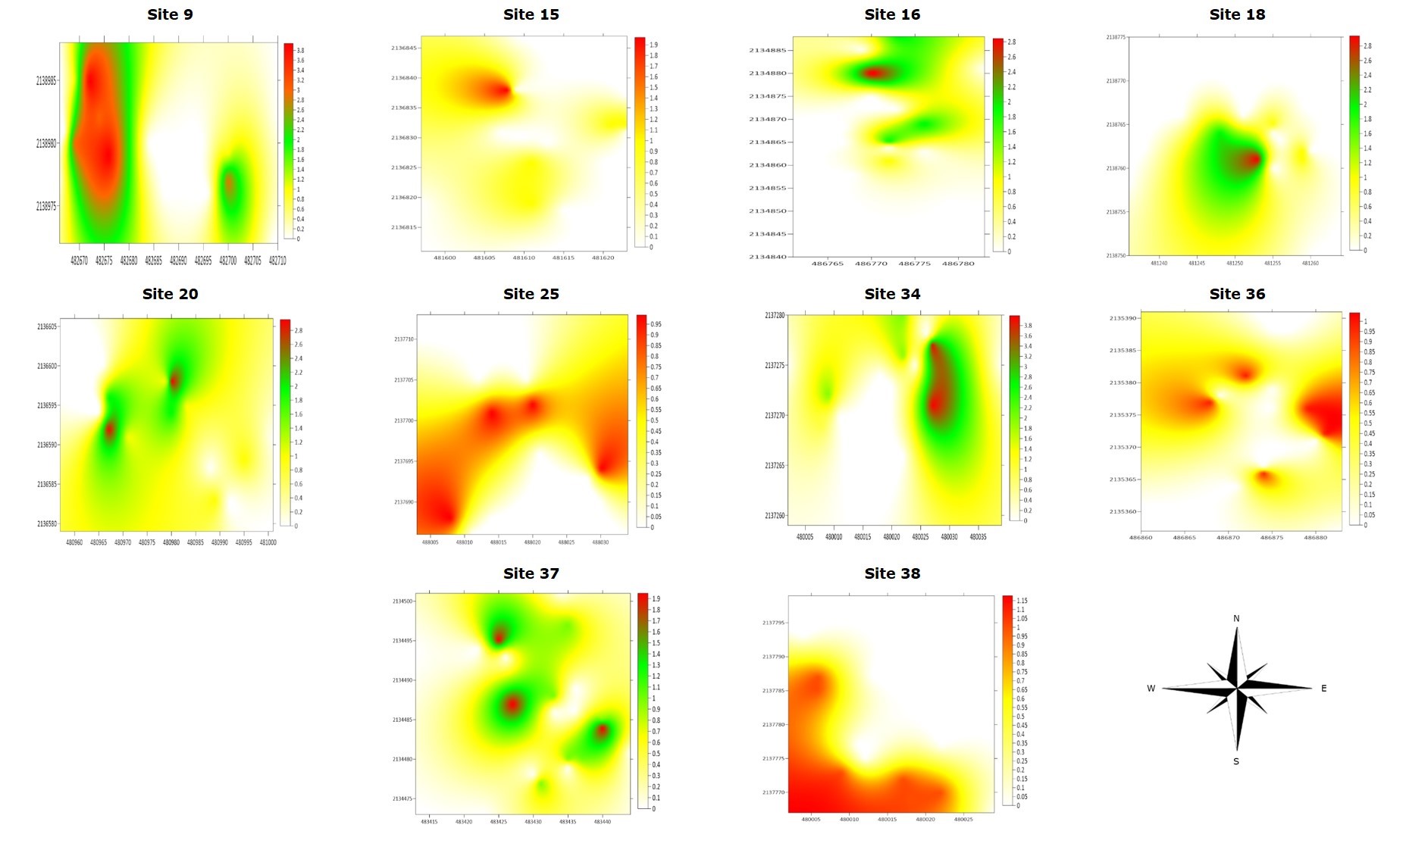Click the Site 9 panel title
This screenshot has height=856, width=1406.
tap(170, 14)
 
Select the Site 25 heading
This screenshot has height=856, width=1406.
tap(531, 294)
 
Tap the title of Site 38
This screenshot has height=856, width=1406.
tap(892, 573)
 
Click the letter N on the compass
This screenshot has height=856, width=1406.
tap(1236, 619)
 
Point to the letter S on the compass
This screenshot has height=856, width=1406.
tap(1236, 761)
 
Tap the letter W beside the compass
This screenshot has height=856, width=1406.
tap(1151, 689)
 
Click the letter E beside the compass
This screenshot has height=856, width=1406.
tap(1323, 689)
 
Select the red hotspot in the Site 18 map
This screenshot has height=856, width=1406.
tap(1251, 159)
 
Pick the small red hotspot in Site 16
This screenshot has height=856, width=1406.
tap(873, 73)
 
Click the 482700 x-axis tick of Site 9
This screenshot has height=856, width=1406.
tap(227, 261)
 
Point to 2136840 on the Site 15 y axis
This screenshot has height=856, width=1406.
tap(404, 78)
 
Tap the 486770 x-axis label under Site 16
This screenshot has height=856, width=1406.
tap(871, 264)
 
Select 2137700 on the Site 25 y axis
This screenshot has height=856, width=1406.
tap(403, 420)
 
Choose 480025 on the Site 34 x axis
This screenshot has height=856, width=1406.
tap(920, 537)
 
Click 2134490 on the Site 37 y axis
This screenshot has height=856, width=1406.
tap(402, 680)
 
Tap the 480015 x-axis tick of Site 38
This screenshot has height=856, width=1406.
tap(888, 820)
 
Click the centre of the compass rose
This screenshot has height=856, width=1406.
tap(1236, 688)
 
